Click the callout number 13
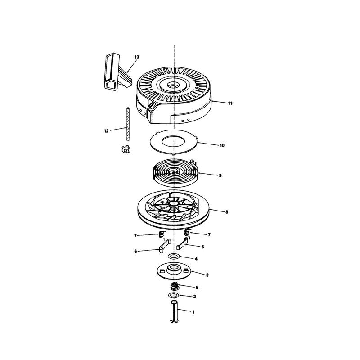coord(137,57)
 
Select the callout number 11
coord(230,103)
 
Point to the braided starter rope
coord(127,124)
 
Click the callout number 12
coord(106,131)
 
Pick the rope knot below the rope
coord(126,149)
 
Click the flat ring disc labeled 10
coord(174,142)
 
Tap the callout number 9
coord(220,175)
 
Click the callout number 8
coord(227,212)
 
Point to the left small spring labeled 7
coord(162,234)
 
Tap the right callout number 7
coord(209,234)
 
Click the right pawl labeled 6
coord(183,243)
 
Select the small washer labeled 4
coord(174,256)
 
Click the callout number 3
coord(207,275)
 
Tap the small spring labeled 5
coord(175,287)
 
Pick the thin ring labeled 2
coord(173,295)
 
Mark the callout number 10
coord(222,145)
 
